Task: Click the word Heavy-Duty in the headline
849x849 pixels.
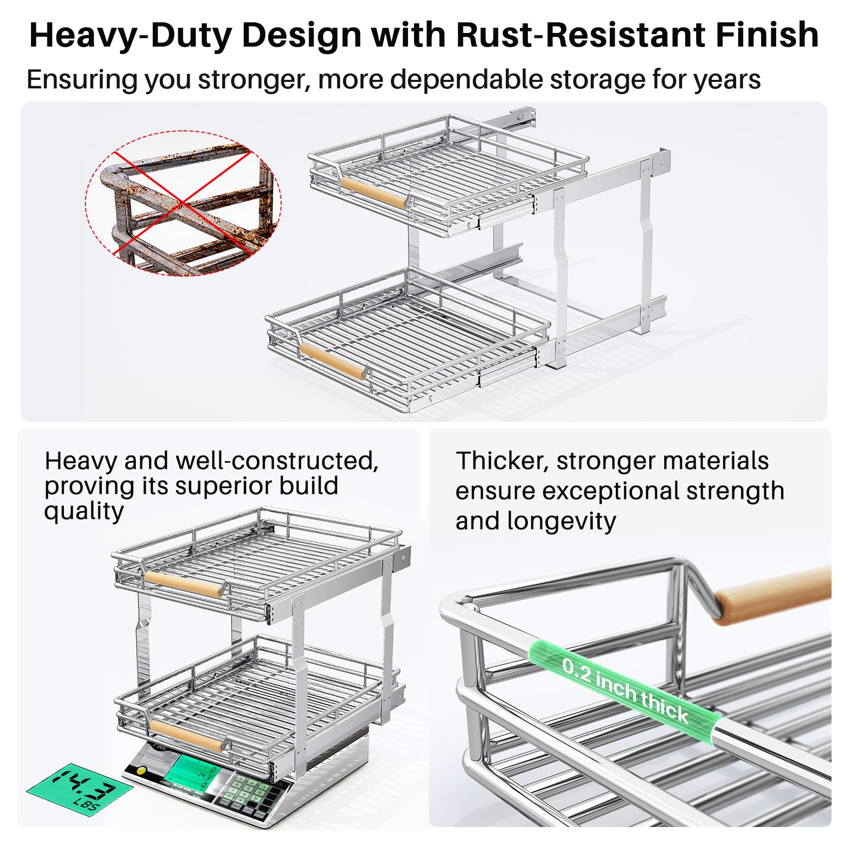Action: click(x=133, y=36)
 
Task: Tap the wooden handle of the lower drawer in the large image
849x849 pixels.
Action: click(x=332, y=361)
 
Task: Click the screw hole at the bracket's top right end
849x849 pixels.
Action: click(x=662, y=163)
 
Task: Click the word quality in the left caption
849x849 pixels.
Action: click(x=83, y=511)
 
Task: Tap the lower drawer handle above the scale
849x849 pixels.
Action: click(x=186, y=736)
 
